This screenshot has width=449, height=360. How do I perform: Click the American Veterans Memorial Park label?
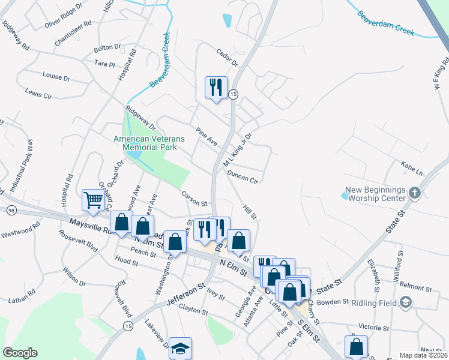tap(149, 142)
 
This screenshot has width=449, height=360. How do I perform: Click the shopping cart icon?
tap(93, 200)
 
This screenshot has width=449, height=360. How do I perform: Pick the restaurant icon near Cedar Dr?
tap(215, 87)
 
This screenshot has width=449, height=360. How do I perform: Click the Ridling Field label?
tap(374, 303)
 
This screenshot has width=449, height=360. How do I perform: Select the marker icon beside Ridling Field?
tap(406, 302)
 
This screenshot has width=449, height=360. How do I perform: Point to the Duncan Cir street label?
tap(243, 176)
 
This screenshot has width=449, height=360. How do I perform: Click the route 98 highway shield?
tap(11, 209)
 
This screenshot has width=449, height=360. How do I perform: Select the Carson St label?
tap(194, 197)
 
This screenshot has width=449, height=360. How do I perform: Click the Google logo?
tap(20, 353)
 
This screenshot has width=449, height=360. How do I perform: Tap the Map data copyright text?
tap(423, 355)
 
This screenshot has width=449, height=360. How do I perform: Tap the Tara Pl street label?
tap(104, 63)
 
